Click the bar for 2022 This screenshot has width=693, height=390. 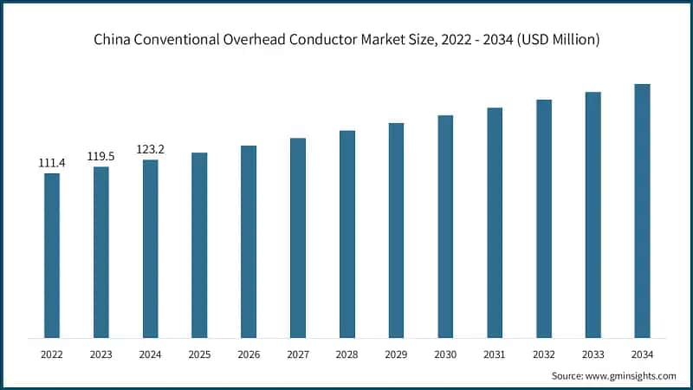[52, 256]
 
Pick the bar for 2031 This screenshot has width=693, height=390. [495, 223]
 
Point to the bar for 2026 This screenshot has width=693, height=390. [249, 242]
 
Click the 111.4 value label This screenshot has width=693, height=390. [52, 163]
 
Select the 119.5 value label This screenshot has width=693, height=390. [101, 157]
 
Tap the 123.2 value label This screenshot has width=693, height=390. [150, 149]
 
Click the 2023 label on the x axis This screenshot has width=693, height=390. [101, 354]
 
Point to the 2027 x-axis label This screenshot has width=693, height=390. [298, 354]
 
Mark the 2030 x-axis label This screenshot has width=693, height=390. [445, 354]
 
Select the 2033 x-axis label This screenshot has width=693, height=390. [593, 354]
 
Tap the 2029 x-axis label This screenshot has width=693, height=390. [396, 354]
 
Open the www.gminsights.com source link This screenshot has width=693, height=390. [630, 375]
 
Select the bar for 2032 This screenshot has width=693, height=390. [543, 218]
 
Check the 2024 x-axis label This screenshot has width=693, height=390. [150, 354]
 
